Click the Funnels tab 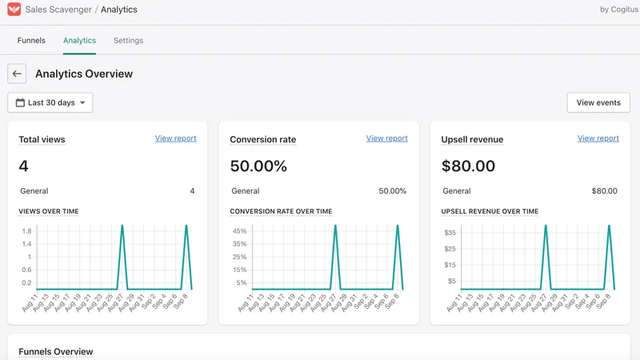click(x=31, y=41)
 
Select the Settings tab click(x=128, y=41)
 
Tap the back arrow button click(x=17, y=74)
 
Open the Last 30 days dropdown click(x=50, y=102)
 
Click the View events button click(x=598, y=102)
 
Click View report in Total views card click(x=175, y=138)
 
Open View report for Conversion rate click(x=387, y=138)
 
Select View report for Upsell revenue click(x=598, y=138)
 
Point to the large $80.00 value click(x=468, y=166)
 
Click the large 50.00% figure click(x=258, y=166)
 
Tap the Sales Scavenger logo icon click(x=14, y=9)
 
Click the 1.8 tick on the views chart click(x=27, y=231)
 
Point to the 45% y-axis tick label click(x=239, y=231)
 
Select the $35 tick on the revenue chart click(x=450, y=233)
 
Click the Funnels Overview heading click(x=56, y=351)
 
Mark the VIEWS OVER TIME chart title click(x=49, y=211)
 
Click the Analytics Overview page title click(x=84, y=74)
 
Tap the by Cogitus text click(x=619, y=10)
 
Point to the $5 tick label click(x=452, y=281)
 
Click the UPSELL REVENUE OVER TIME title click(x=490, y=211)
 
